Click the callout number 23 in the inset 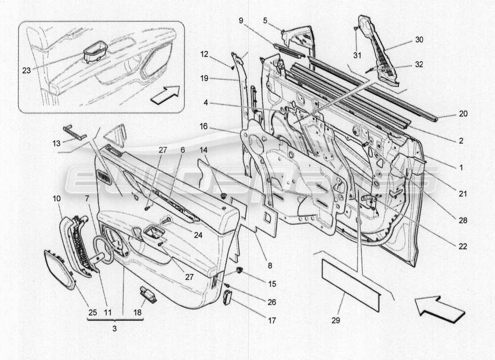point(27,70)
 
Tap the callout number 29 point(336,320)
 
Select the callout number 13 point(56,144)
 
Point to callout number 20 point(463,113)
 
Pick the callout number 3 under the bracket point(115,328)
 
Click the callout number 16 point(204,126)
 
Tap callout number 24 point(198,235)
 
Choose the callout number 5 point(265,21)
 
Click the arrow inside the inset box point(165,94)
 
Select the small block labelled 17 point(227,298)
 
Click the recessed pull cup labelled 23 point(95,52)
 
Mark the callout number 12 point(205,54)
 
